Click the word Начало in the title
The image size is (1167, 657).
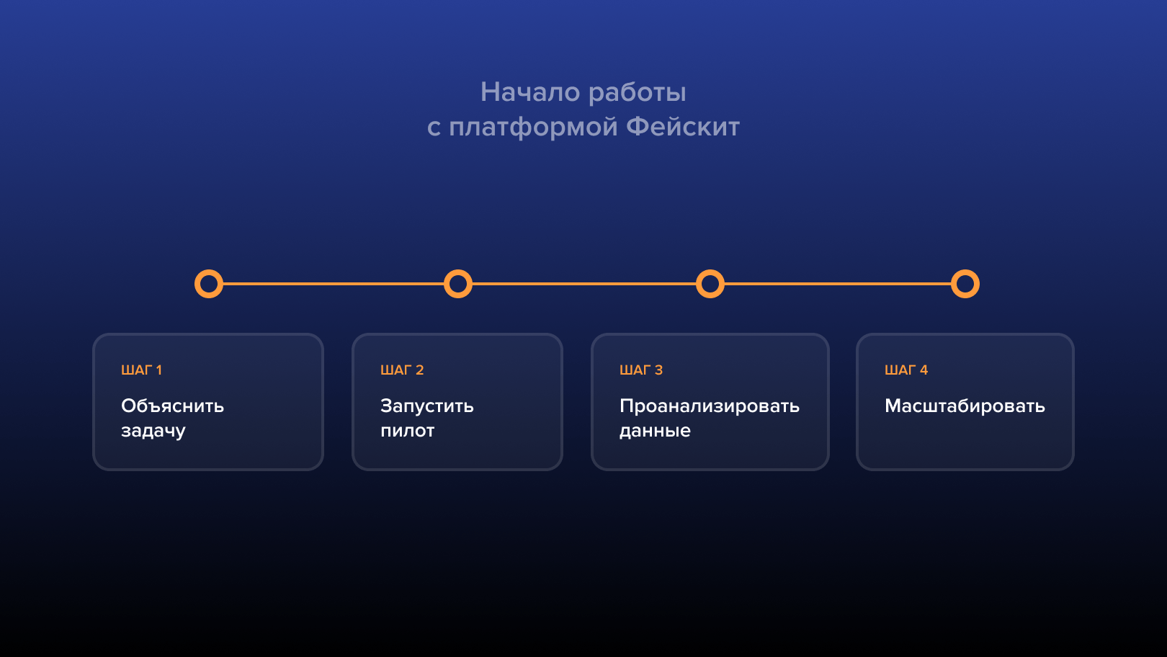coord(530,92)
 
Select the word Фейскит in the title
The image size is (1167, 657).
coord(683,127)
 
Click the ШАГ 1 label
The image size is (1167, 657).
coord(141,370)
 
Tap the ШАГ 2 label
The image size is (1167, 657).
coord(402,370)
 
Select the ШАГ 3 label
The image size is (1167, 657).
coord(641,370)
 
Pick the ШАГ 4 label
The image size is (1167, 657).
coord(906,370)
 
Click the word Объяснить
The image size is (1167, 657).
coord(172,406)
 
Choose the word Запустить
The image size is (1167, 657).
coord(426,406)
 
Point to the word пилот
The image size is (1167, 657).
coord(408,431)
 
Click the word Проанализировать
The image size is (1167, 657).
coord(709,406)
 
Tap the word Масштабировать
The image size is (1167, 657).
coord(965,406)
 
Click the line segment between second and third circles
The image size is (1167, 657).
coord(584,284)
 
